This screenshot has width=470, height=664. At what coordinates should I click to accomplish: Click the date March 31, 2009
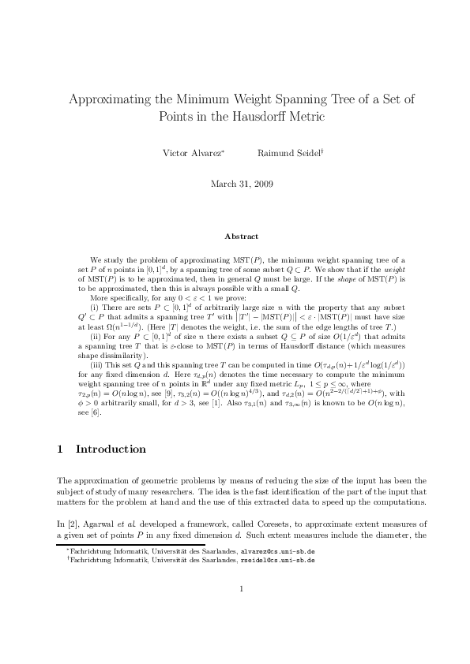click(241, 184)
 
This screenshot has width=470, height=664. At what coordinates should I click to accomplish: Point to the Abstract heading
click(241, 236)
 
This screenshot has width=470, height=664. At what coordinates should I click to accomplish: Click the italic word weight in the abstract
click(393, 270)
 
